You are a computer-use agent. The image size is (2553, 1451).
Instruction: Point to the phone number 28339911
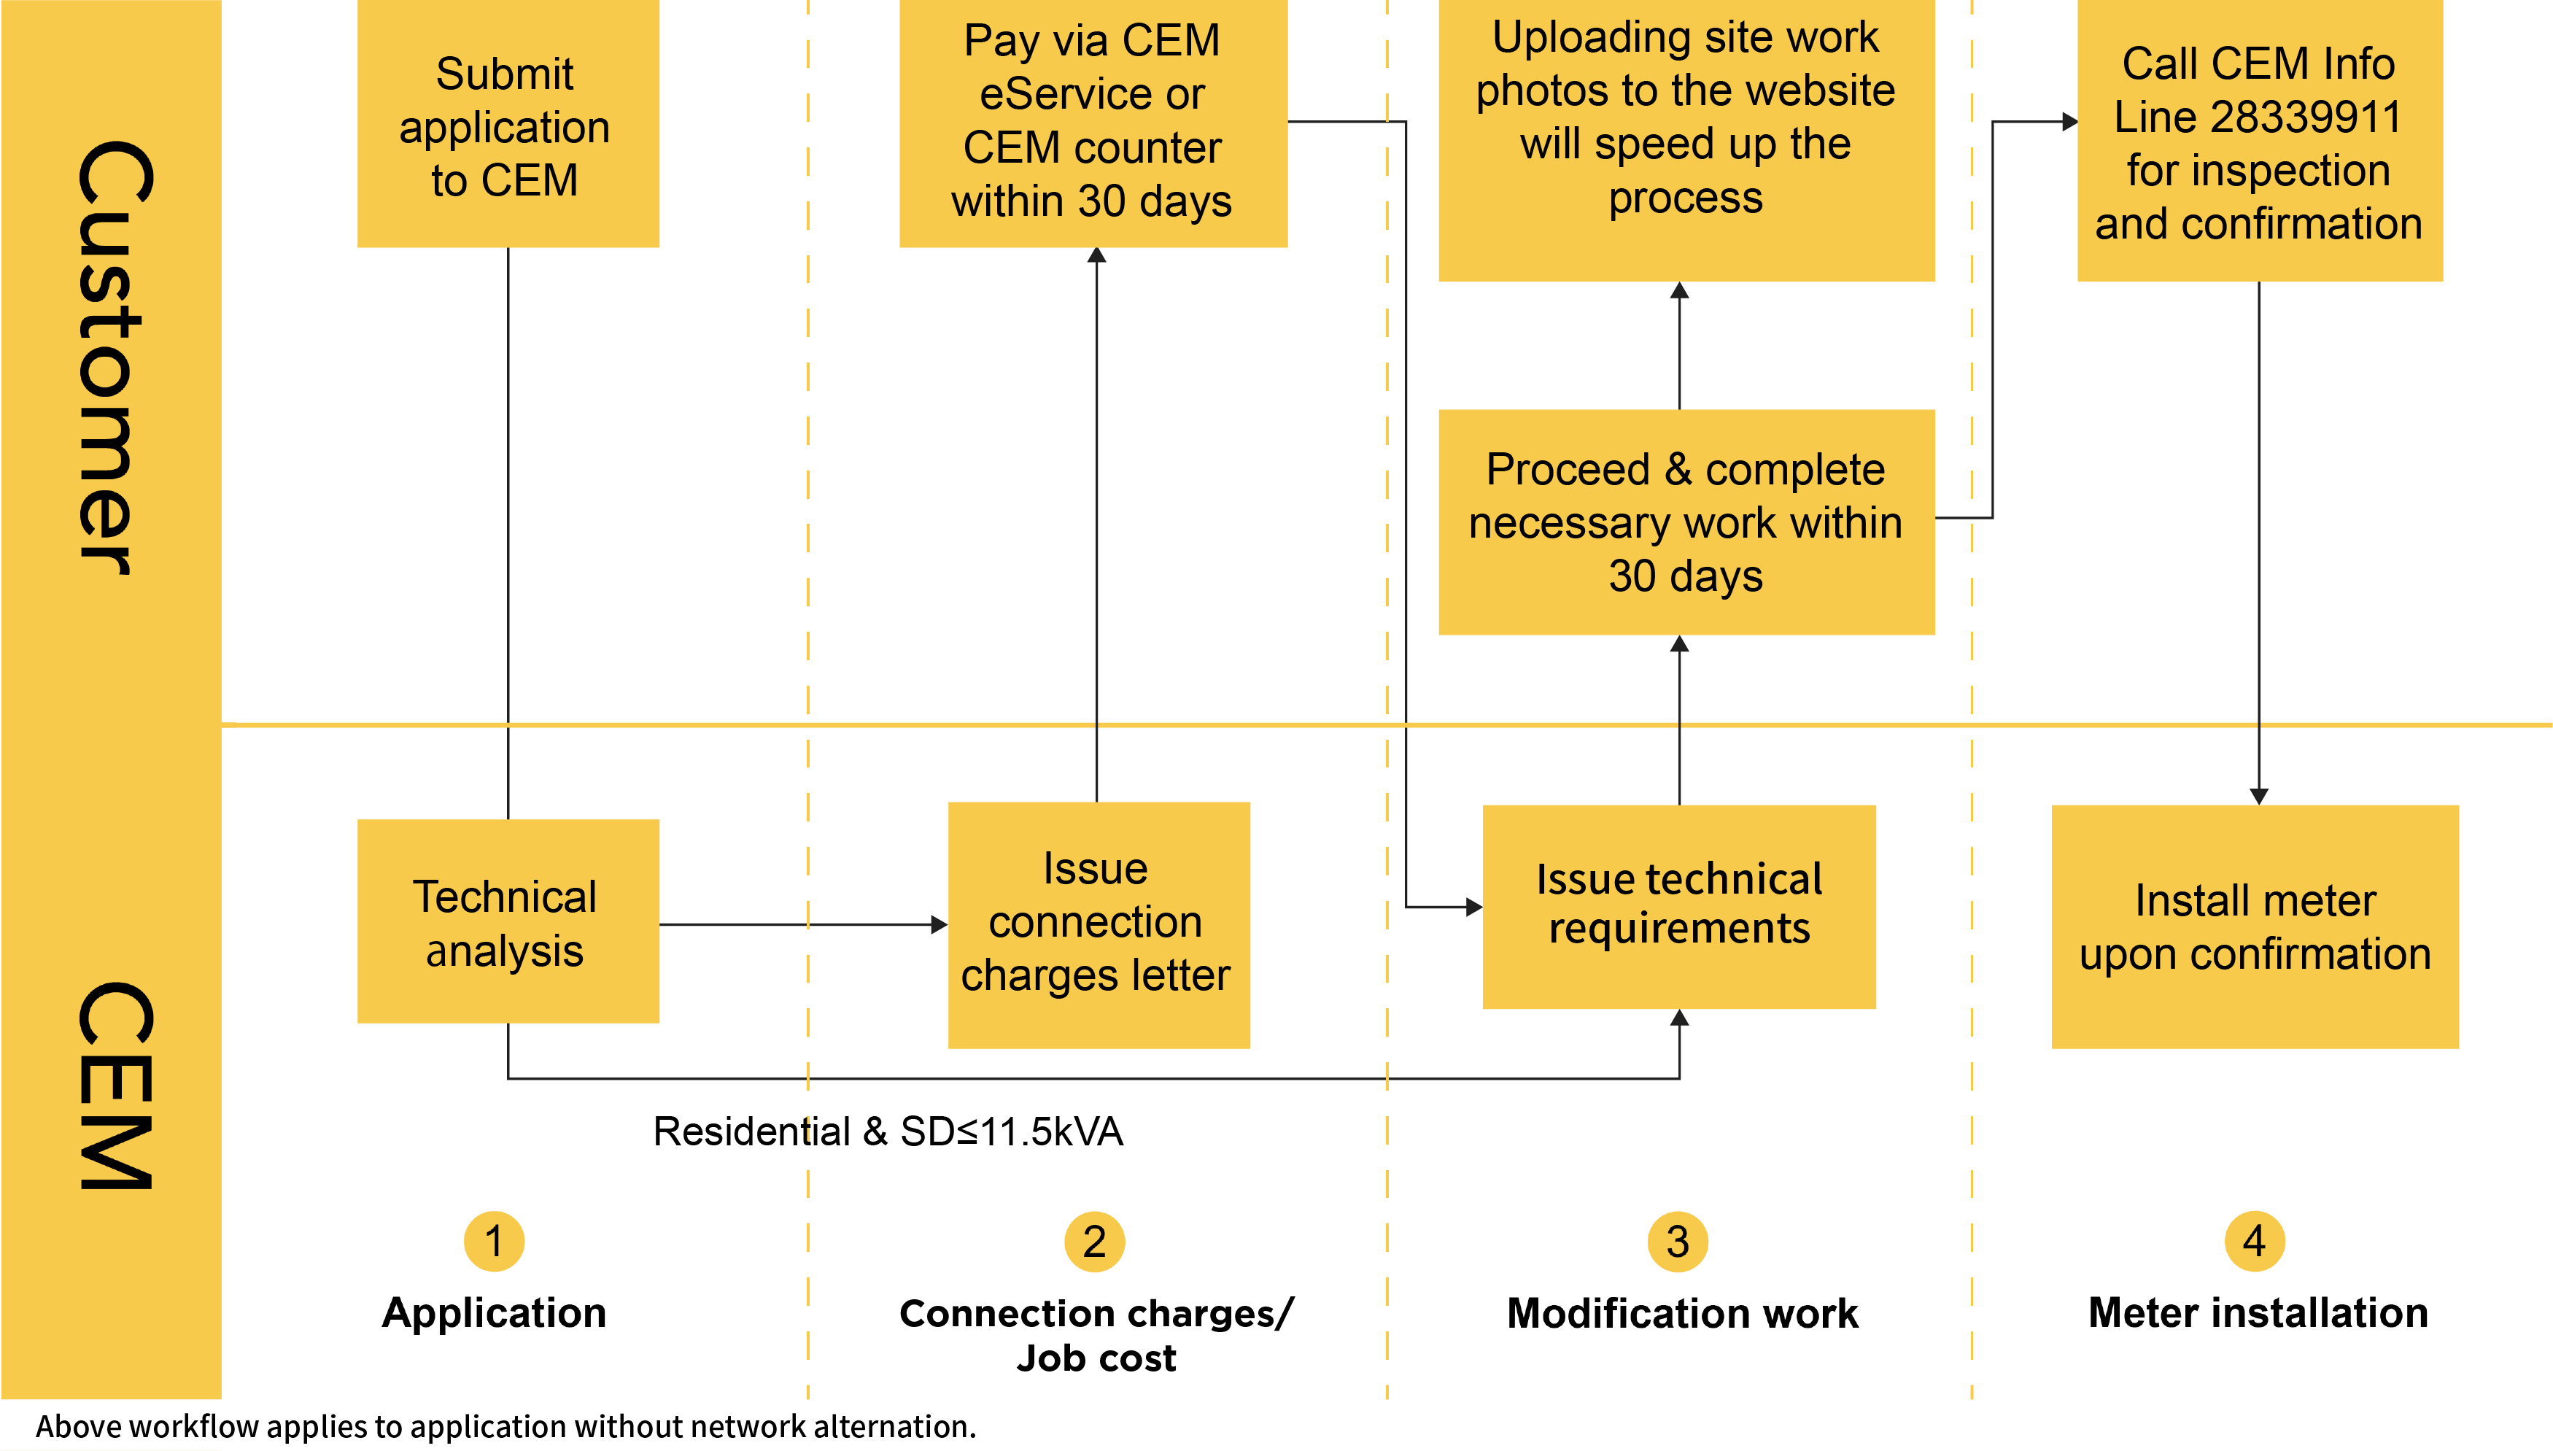pyautogui.click(x=2305, y=117)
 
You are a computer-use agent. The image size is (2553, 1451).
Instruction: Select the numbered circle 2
pyautogui.click(x=1094, y=1241)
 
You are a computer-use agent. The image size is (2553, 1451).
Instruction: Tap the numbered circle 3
pyautogui.click(x=1678, y=1241)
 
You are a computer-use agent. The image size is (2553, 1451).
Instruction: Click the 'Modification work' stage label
pyautogui.click(x=1682, y=1312)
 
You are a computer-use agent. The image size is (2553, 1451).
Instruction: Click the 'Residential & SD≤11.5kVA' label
pyautogui.click(x=887, y=1131)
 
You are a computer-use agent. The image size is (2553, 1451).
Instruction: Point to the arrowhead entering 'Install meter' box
pyautogui.click(x=2258, y=795)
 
